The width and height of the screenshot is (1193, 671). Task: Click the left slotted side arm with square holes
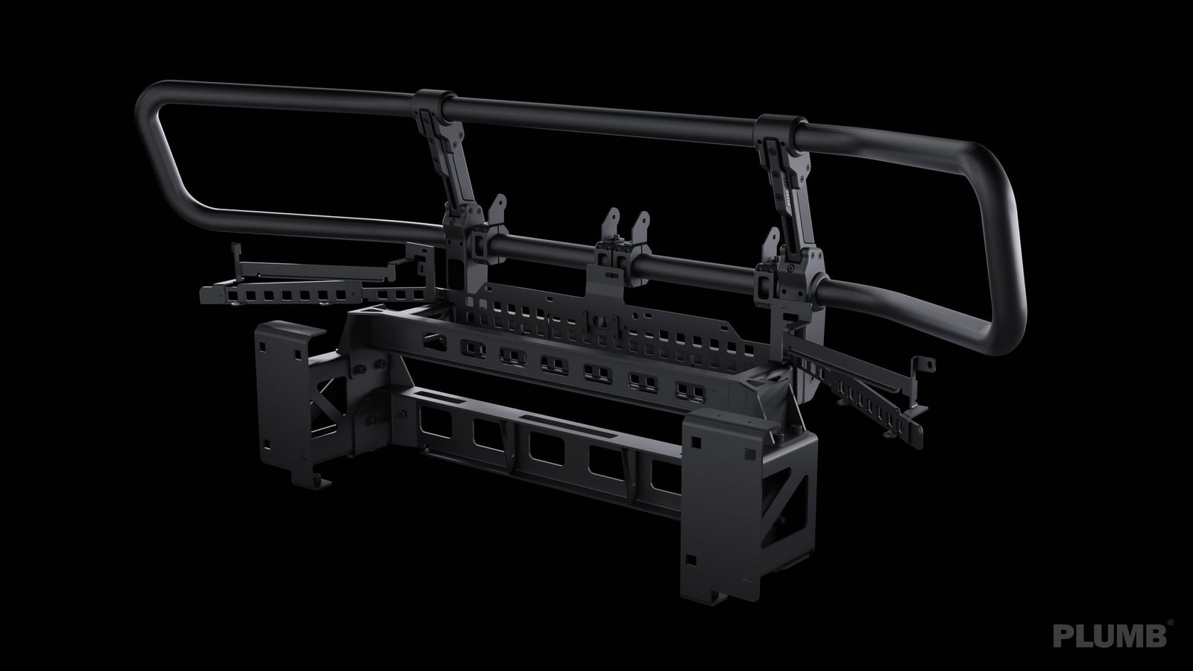(298, 294)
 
